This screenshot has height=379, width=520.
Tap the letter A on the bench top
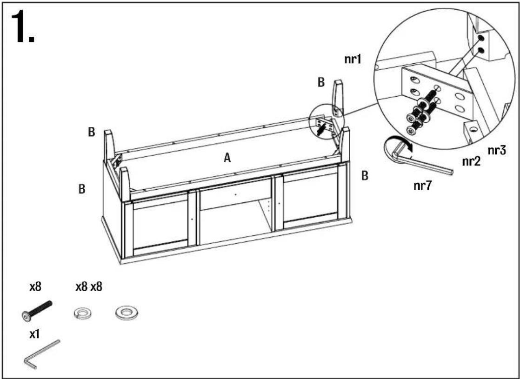(227, 158)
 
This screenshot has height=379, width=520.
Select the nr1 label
(353, 59)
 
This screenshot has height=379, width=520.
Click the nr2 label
(471, 161)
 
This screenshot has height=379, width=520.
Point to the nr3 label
(497, 151)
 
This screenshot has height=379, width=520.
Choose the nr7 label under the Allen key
(423, 186)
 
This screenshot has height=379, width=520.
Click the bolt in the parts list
(36, 311)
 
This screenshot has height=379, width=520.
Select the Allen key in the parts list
(41, 355)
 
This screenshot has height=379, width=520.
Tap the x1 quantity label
(34, 334)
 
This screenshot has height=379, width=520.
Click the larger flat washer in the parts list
(127, 313)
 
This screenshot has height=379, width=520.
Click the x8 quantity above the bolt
(35, 286)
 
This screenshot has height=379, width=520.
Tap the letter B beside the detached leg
(321, 82)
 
